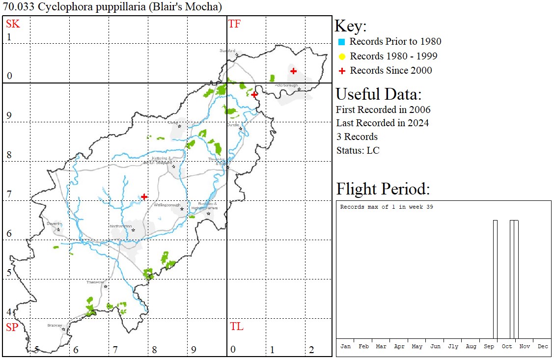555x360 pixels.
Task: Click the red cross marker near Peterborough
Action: pyautogui.click(x=293, y=71)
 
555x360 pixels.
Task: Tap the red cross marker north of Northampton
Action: pyautogui.click(x=144, y=196)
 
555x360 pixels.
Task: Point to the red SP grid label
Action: pyautogui.click(x=12, y=327)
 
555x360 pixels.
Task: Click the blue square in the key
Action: pyautogui.click(x=342, y=42)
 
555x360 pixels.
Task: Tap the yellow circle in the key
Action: pyautogui.click(x=342, y=56)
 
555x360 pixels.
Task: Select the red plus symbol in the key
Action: pyautogui.click(x=342, y=71)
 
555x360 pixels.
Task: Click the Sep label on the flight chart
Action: pyautogui.click(x=489, y=346)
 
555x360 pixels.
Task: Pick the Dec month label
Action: pyautogui.click(x=543, y=346)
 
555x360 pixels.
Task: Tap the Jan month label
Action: pyautogui.click(x=345, y=346)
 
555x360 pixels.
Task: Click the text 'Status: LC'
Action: pyautogui.click(x=358, y=150)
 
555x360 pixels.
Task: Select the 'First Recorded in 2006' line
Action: pyautogui.click(x=383, y=110)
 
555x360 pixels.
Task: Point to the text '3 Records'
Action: pyautogui.click(x=357, y=137)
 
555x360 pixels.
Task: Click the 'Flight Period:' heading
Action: pyautogui.click(x=383, y=189)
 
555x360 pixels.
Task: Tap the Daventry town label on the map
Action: pyautogui.click(x=54, y=223)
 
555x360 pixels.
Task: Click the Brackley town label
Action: pyautogui.click(x=55, y=325)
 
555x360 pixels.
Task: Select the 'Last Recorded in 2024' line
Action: pyautogui.click(x=382, y=123)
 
